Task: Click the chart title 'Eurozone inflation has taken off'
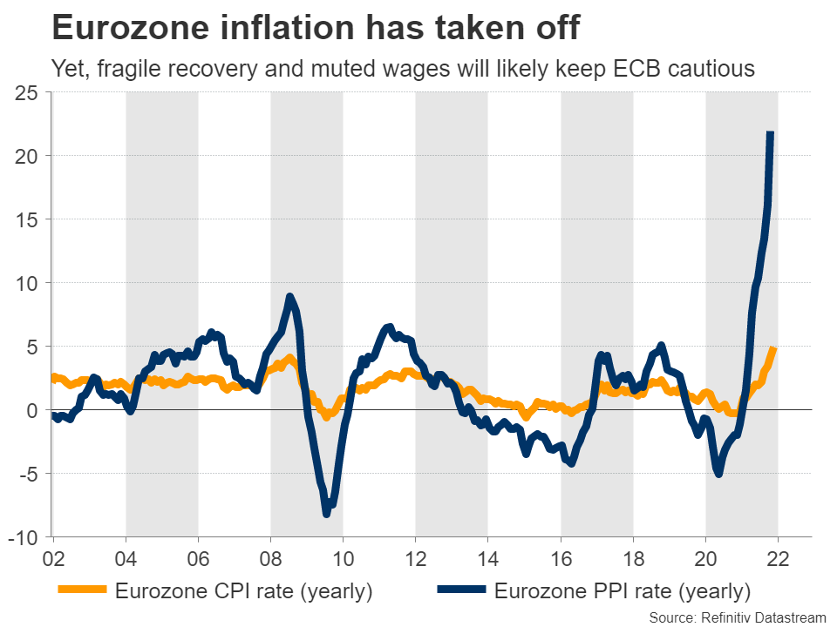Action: (x=316, y=28)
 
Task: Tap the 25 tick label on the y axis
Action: (x=29, y=92)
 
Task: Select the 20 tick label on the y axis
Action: (x=29, y=156)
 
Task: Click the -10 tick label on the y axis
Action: (x=25, y=537)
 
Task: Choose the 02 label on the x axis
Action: (x=53, y=557)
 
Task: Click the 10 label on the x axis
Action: (x=343, y=557)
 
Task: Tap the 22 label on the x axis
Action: (x=777, y=557)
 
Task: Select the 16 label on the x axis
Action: (x=560, y=557)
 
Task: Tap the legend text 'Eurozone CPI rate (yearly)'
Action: (x=243, y=591)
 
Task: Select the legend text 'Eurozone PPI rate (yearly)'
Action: (x=622, y=591)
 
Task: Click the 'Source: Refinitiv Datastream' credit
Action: (x=738, y=617)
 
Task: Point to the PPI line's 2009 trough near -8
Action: (x=327, y=514)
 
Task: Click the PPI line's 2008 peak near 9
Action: (x=289, y=297)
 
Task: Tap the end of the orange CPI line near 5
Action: (x=773, y=349)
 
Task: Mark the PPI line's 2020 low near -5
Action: (x=719, y=473)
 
